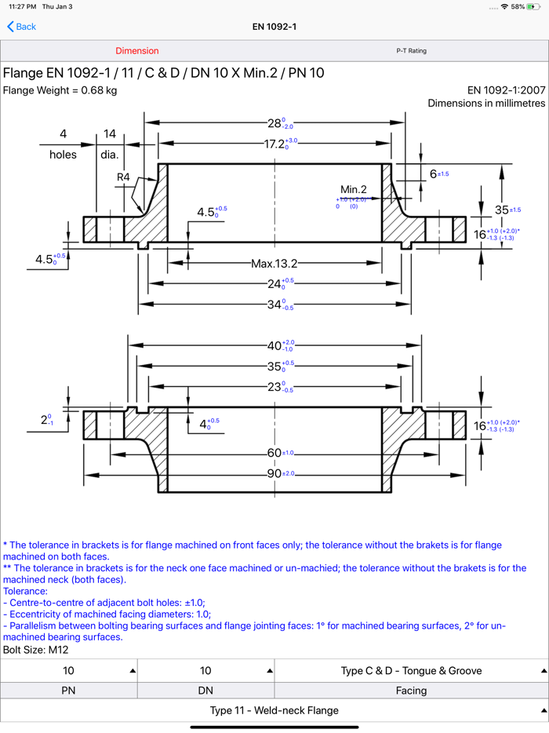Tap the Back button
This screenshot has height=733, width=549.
[x=22, y=27]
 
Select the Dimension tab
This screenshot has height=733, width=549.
[x=137, y=51]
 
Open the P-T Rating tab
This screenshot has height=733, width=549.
[x=411, y=51]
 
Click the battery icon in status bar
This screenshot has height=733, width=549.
[x=533, y=6]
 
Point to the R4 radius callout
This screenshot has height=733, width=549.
[x=124, y=177]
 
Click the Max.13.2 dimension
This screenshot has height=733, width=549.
[x=274, y=264]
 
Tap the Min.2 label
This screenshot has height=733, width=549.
[x=354, y=189]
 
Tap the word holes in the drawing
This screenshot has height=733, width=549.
[x=63, y=155]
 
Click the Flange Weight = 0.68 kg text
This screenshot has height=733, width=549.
[x=60, y=90]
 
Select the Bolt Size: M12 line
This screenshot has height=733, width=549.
[x=36, y=650]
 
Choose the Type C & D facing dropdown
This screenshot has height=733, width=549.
[x=411, y=671]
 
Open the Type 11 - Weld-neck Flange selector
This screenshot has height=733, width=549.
[x=274, y=710]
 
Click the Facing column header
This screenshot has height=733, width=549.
[x=411, y=691]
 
